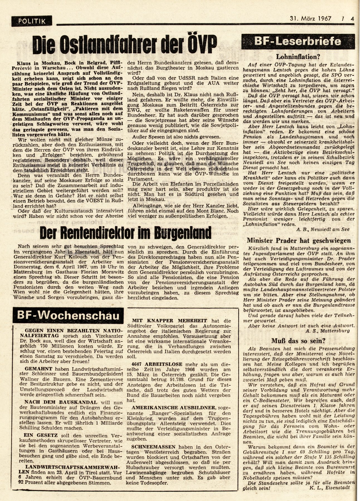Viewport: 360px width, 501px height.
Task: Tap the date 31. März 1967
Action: coord(309,19)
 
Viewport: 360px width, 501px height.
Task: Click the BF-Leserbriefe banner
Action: coord(299,41)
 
